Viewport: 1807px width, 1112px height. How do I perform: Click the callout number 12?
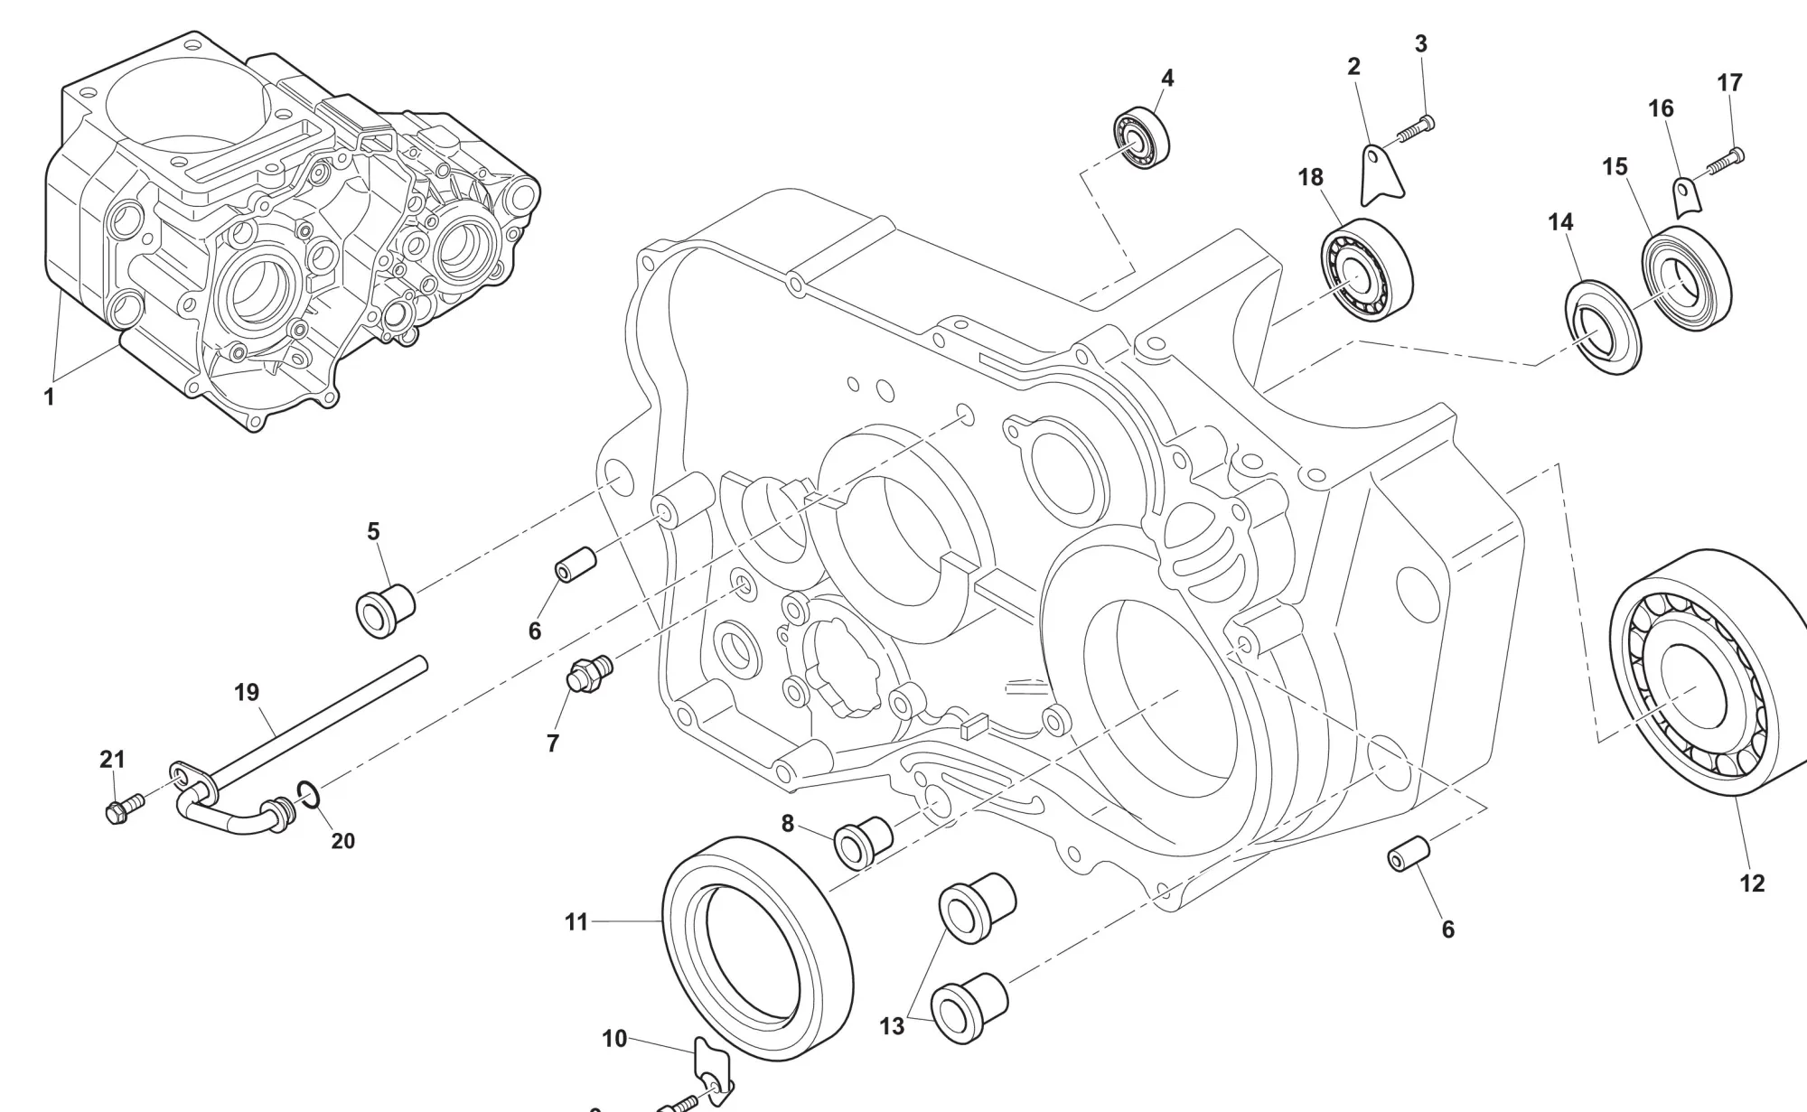[1751, 883]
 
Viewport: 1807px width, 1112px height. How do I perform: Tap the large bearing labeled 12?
[1708, 673]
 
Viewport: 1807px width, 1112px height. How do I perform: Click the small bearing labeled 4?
[1140, 137]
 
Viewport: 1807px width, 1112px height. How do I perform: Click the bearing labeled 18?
[1367, 268]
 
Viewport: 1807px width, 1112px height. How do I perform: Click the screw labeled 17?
[1721, 162]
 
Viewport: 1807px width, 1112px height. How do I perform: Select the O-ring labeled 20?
[308, 795]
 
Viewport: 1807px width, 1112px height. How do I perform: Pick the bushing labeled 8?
[863, 841]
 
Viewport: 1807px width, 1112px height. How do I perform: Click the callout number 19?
[247, 693]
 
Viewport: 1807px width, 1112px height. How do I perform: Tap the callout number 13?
[892, 1026]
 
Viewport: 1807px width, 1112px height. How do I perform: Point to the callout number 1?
[50, 396]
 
